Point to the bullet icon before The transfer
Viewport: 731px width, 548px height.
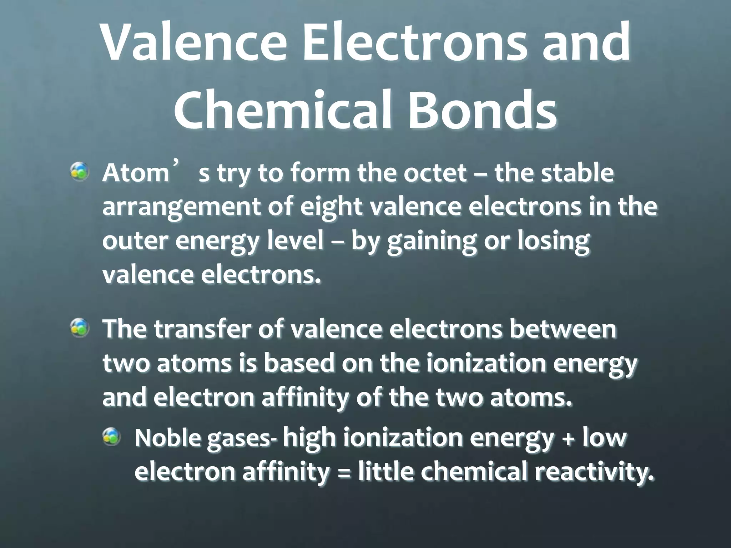79,328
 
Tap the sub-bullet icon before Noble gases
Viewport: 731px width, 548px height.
111,437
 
